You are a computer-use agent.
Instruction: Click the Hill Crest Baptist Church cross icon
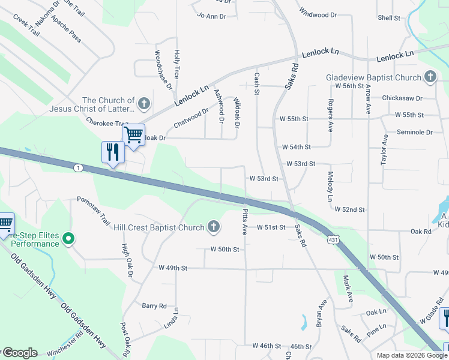213,227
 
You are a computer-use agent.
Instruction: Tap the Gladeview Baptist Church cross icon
430,77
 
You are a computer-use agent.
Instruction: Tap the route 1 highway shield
78,167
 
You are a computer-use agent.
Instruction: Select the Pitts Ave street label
245,222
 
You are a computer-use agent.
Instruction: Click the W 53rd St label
264,179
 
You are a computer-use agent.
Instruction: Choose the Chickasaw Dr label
402,98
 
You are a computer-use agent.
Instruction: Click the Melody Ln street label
331,186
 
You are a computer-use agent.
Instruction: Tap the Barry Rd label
154,305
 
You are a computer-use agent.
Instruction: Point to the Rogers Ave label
330,115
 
